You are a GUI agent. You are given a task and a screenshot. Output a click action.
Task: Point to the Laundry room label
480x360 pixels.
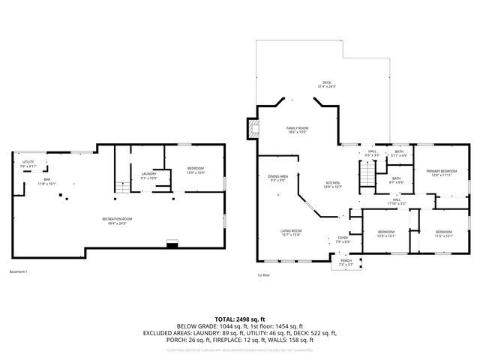coord(148,176)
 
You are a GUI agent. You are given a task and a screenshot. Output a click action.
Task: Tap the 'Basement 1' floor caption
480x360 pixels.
coord(18,271)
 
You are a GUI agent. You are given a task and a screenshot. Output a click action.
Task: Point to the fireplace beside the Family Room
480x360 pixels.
coord(253,128)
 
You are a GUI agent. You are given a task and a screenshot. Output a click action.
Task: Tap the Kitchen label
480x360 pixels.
coord(333,184)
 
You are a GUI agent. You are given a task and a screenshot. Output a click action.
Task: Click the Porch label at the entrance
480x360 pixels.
coord(345,262)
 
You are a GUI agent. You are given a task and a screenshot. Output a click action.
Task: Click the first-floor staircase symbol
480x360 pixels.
coord(365,175)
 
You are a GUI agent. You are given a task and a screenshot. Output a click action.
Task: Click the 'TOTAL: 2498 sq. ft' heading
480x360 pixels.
coord(239,319)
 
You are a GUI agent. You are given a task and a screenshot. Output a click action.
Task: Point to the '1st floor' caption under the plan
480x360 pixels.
coord(264,275)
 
